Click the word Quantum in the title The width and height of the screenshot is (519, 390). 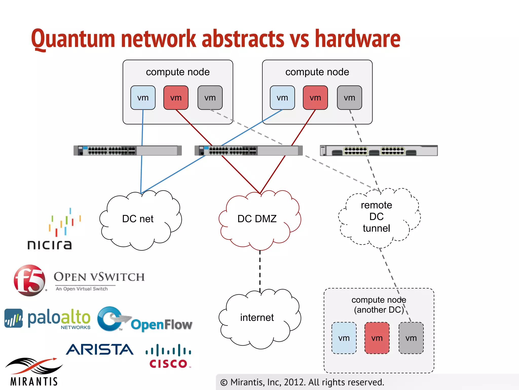pos(73,39)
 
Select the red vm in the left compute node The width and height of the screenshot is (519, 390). pos(176,98)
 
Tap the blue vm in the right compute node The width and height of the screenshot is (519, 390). pos(282,98)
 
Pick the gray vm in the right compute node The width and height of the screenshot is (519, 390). pos(349,98)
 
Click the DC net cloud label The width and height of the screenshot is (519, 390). pos(138,219)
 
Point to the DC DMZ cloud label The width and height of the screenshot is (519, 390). pos(257,219)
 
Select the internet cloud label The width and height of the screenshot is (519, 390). pos(257,318)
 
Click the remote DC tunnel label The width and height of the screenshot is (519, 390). pos(376,217)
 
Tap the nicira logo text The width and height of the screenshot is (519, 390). pos(50,245)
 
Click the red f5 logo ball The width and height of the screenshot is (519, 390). pos(29,280)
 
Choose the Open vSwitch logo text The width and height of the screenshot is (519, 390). pos(99,277)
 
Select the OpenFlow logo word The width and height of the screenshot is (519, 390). pos(161,325)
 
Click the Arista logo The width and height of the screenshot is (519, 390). pos(100,350)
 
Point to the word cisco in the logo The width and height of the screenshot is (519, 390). pos(168,364)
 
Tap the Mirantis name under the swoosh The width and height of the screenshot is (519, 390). pos(34,382)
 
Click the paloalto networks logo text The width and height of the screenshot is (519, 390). pos(59,318)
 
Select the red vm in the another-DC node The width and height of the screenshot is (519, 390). pos(377,338)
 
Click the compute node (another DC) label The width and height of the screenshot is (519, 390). pos(379,305)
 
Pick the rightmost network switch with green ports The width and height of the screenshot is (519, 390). pos(379,151)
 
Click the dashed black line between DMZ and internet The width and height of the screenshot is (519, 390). pos(260,270)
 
